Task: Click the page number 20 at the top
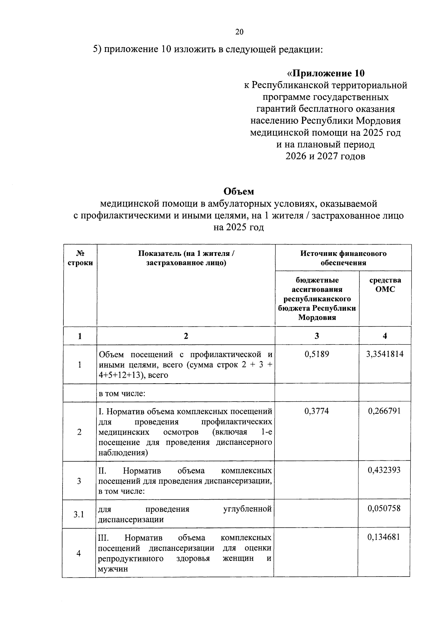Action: [x=239, y=32]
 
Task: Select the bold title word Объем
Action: [x=239, y=191]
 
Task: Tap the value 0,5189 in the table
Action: [x=317, y=354]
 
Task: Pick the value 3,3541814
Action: [x=385, y=354]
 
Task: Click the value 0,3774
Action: [x=317, y=411]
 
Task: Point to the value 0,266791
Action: [x=384, y=411]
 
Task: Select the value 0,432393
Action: [x=384, y=470]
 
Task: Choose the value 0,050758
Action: [x=384, y=509]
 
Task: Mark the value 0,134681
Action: [x=384, y=537]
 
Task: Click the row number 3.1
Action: [x=78, y=514]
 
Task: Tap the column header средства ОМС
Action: [x=385, y=285]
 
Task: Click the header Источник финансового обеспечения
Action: [x=343, y=258]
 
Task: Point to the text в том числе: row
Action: [x=122, y=394]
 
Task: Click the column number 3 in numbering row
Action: [x=317, y=336]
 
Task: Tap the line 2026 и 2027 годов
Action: [x=326, y=156]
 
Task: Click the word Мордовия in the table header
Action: [x=317, y=317]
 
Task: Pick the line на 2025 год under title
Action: [x=239, y=228]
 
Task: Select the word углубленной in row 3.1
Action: [x=248, y=509]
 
